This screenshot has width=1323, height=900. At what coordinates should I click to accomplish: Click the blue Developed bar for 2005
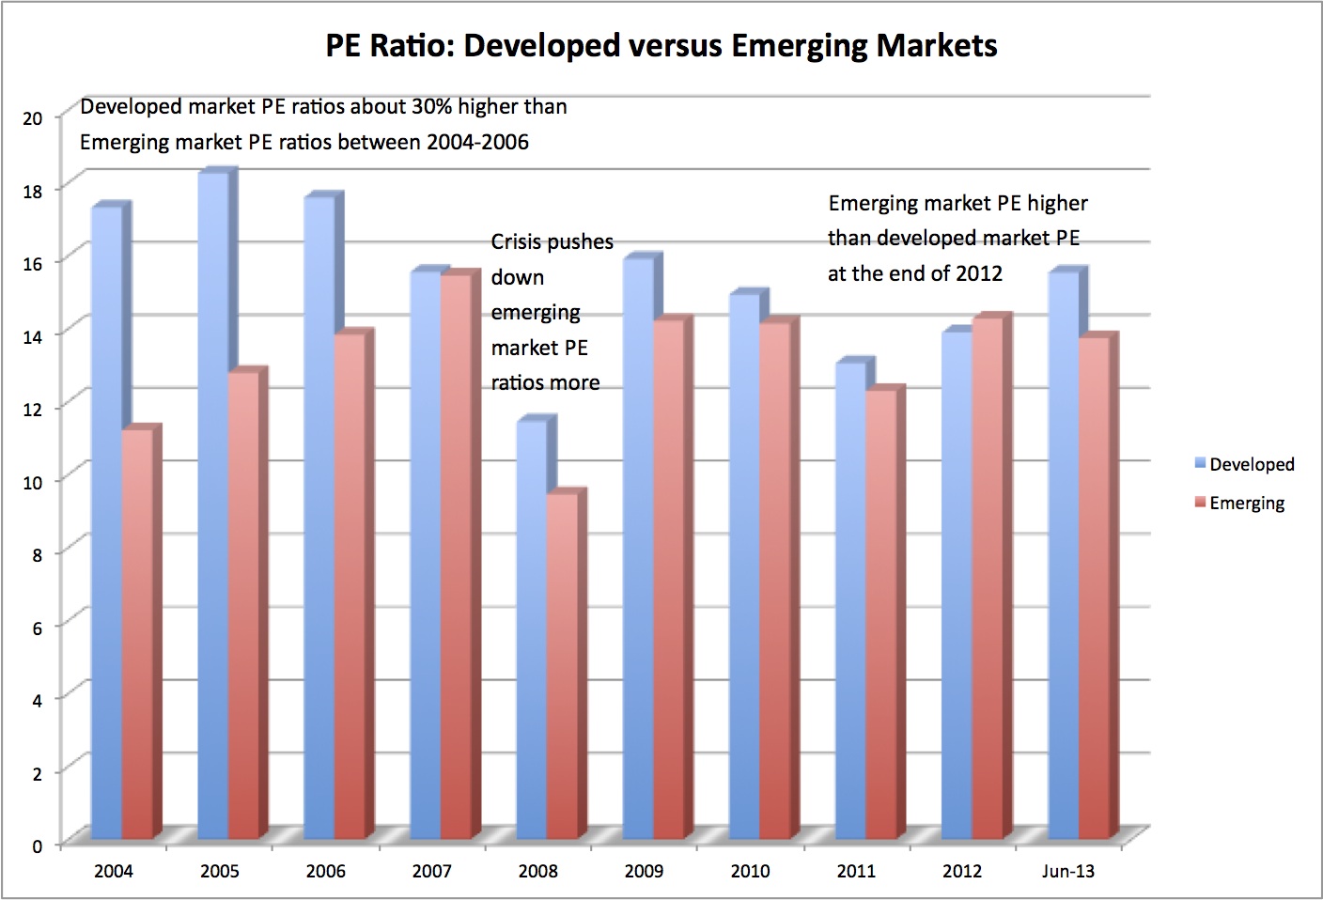[x=212, y=507]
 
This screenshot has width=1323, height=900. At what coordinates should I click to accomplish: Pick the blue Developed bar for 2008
[x=531, y=629]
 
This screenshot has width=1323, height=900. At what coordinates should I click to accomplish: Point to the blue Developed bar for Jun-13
[x=1063, y=554]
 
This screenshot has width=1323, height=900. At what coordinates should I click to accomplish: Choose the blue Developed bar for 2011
[x=850, y=601]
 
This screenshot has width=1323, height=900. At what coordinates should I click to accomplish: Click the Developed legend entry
[x=1244, y=464]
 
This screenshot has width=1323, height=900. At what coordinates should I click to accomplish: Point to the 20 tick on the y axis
[x=34, y=118]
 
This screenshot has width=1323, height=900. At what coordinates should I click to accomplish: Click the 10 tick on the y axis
[x=34, y=481]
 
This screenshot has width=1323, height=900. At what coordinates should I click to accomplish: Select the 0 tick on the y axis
[x=38, y=845]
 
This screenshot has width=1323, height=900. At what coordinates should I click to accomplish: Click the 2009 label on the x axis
[x=644, y=871]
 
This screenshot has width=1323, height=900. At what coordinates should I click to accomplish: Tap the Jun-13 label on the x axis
[x=1068, y=871]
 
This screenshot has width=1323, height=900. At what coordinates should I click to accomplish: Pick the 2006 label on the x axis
[x=325, y=871]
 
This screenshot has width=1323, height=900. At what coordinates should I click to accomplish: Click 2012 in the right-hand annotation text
[x=979, y=273]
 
